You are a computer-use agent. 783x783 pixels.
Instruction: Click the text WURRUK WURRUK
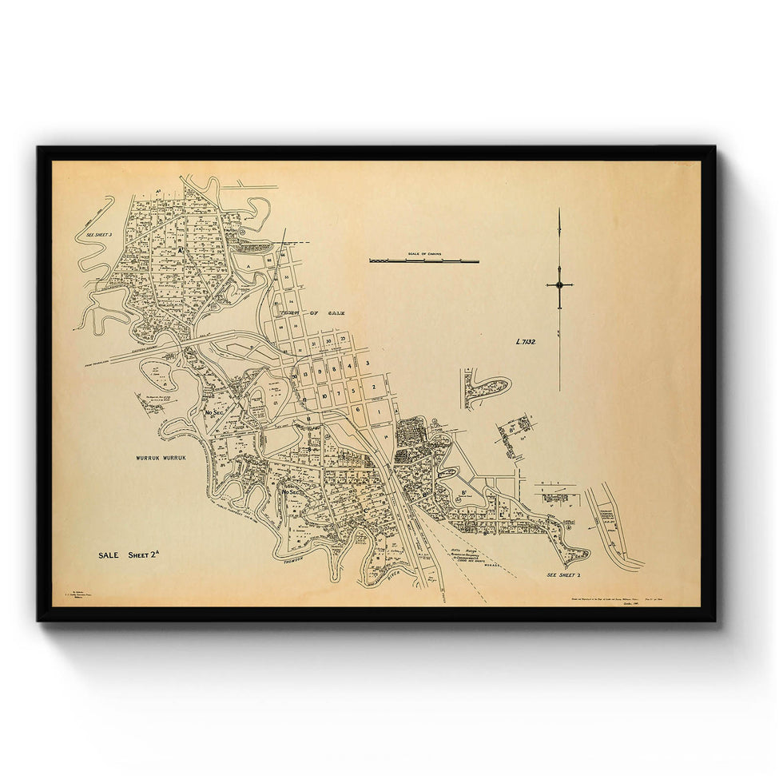(160, 458)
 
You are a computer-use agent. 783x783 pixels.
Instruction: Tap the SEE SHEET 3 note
(94, 235)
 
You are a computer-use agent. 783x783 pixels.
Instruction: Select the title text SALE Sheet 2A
(128, 555)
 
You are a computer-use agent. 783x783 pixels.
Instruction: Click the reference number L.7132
(525, 342)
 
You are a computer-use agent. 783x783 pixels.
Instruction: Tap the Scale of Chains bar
(423, 260)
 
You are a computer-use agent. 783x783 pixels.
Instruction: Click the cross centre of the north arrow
(559, 284)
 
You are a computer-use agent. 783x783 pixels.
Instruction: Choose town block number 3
(367, 364)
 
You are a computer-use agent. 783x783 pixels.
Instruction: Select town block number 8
(327, 372)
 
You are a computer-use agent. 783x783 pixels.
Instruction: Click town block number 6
(358, 410)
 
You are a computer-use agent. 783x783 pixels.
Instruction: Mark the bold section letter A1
(182, 250)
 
